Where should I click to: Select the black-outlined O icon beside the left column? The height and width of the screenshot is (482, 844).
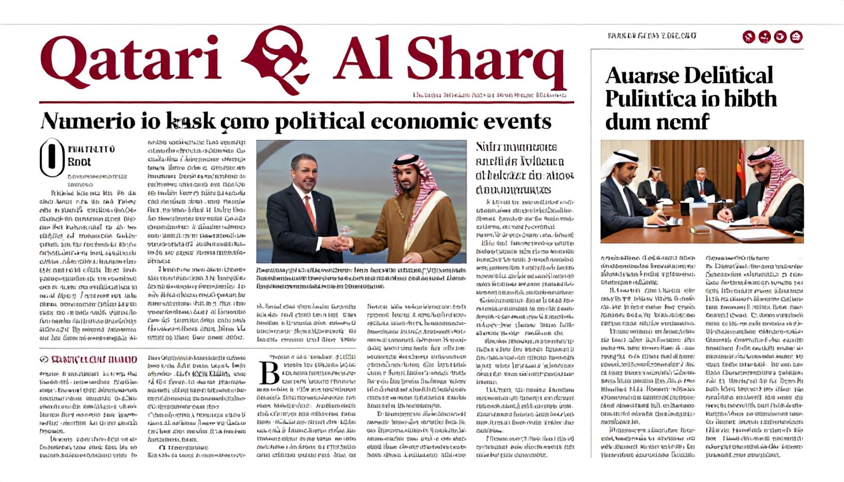coord(51,157)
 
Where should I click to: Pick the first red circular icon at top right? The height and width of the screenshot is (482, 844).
coord(748,37)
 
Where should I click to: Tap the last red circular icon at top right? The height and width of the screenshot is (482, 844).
coord(796,37)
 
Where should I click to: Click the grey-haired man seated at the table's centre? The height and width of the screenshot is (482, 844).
coord(700,184)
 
